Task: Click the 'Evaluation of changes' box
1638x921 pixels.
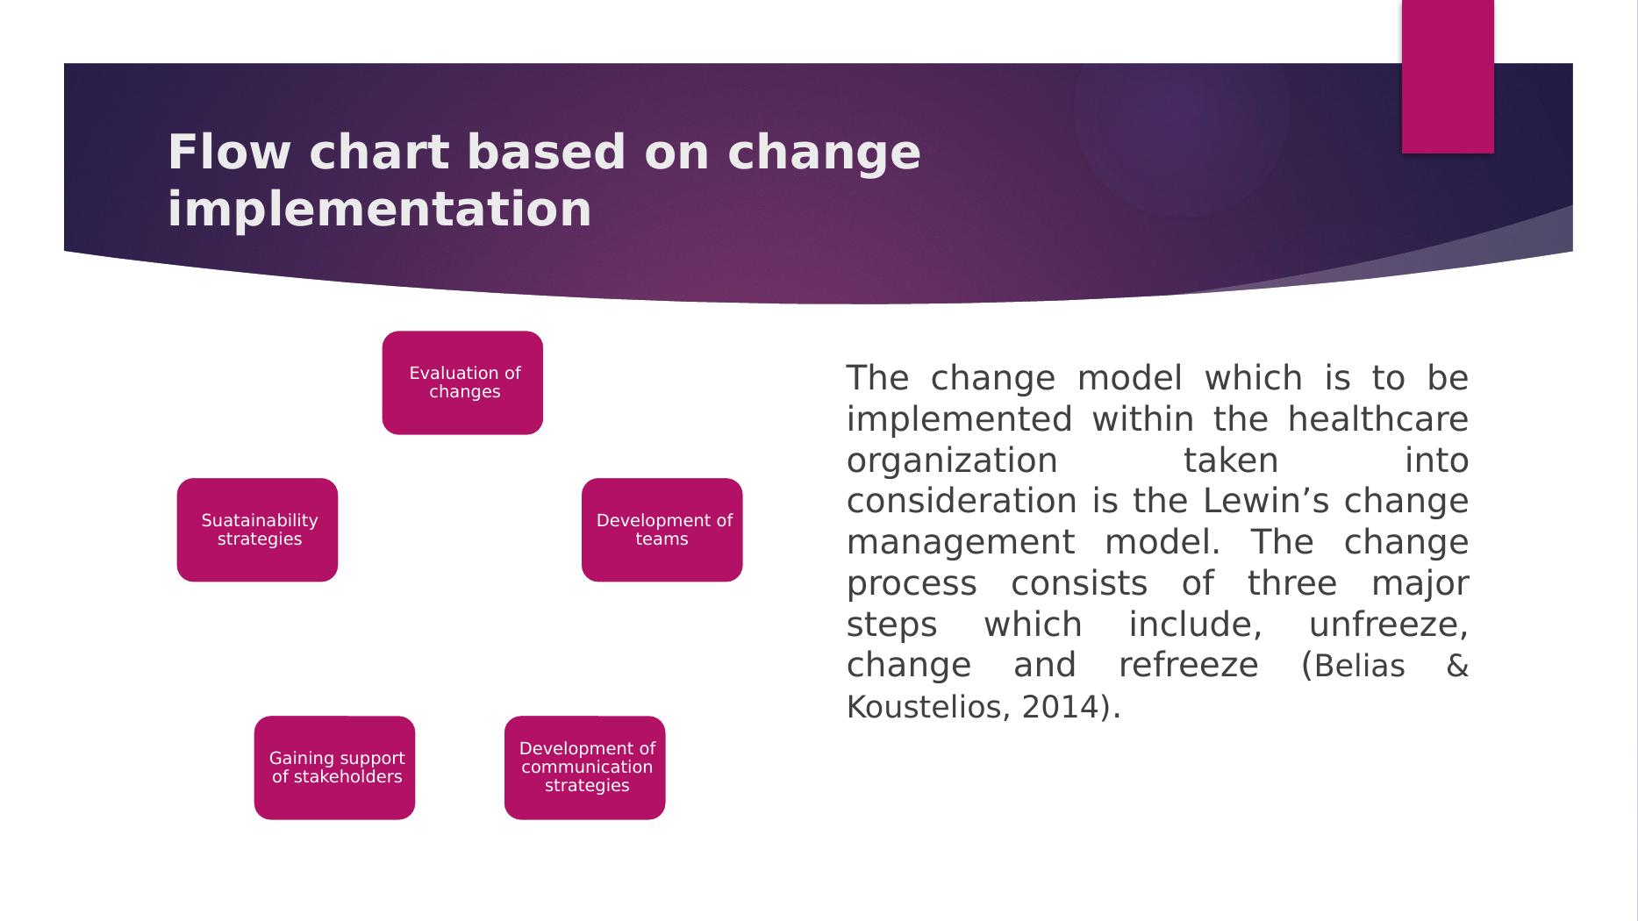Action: (462, 382)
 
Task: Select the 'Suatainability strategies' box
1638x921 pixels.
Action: (257, 530)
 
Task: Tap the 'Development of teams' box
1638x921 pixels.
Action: (662, 530)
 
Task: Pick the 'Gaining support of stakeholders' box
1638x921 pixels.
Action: (334, 767)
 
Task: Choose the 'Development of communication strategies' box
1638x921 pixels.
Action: (584, 767)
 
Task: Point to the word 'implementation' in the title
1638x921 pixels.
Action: (379, 210)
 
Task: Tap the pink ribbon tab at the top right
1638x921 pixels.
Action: (1448, 76)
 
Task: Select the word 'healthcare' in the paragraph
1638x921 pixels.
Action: (1378, 419)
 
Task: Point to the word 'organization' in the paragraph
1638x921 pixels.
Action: (952, 460)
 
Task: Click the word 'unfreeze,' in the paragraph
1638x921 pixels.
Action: (1389, 625)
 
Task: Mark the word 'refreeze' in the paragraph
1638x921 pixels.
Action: (1188, 665)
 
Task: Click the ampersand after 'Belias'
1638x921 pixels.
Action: (1457, 667)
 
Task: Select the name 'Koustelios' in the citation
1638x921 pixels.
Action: (922, 707)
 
